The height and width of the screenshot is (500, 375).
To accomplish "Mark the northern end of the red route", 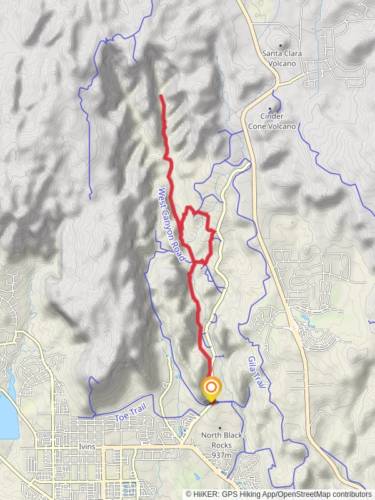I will click(x=162, y=96).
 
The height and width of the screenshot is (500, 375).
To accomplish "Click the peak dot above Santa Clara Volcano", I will click(x=281, y=45).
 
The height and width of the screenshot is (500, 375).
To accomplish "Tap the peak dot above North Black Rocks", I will click(x=219, y=428).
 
